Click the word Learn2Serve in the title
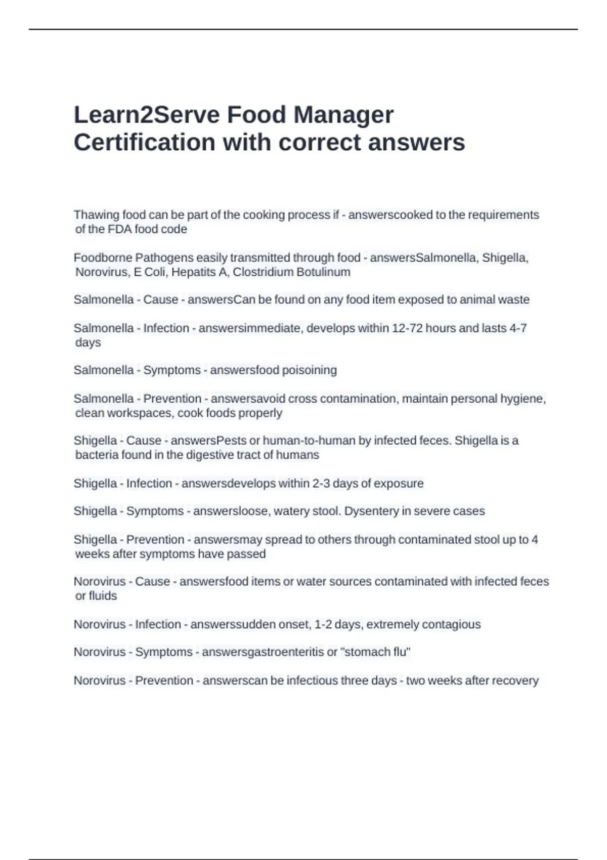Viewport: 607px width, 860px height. tap(146, 115)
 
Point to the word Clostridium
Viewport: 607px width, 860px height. tap(263, 272)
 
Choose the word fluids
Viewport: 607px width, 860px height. tap(103, 596)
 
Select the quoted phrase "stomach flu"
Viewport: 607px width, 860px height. tap(376, 652)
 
